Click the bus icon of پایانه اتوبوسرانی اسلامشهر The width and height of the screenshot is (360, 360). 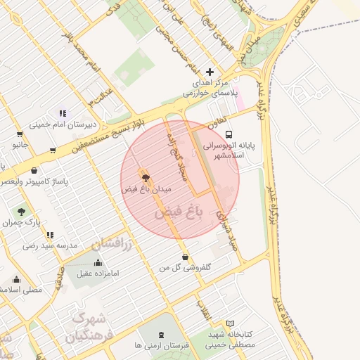[229, 134]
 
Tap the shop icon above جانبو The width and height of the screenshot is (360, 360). [19, 134]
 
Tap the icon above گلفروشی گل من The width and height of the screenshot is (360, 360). [184, 257]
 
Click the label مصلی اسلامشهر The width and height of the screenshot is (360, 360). [21, 289]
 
